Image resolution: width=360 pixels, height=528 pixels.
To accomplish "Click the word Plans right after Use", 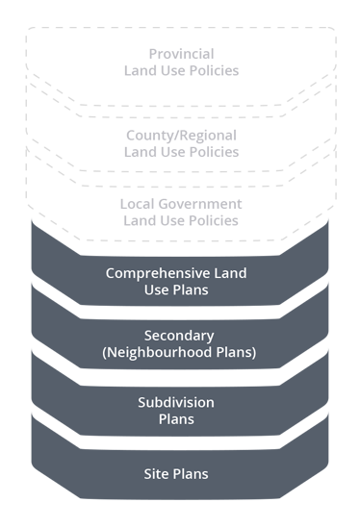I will [191, 289].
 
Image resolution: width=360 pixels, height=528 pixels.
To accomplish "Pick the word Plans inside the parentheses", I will [233, 352].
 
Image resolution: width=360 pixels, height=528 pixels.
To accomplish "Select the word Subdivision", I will [176, 402].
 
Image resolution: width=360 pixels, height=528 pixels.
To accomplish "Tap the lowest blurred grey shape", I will [180, 209].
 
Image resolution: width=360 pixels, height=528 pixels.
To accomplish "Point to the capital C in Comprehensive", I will [111, 273].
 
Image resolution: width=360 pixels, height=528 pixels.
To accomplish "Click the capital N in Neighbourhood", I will [112, 352].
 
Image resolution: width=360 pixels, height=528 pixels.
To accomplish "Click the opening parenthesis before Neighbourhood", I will [104, 352].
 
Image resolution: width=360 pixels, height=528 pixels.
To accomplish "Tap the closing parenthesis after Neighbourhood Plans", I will [253, 352].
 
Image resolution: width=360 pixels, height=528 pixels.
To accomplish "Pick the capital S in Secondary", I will [147, 336].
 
